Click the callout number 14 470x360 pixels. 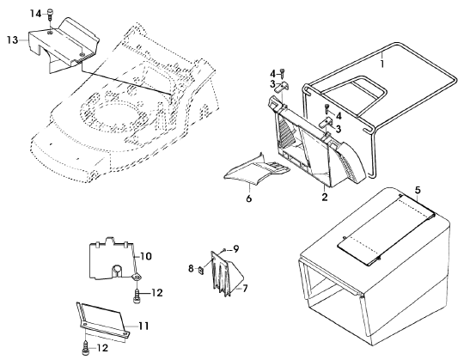[x=35, y=14]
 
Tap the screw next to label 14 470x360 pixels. [x=50, y=15]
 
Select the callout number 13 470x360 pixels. [x=13, y=40]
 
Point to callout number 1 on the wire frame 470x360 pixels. [x=382, y=64]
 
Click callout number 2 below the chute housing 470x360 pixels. [x=324, y=197]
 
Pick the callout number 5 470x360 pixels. [x=418, y=190]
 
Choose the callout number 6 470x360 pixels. [x=249, y=198]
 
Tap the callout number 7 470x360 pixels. [x=245, y=289]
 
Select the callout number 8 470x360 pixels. [x=191, y=269]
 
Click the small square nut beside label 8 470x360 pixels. [x=201, y=270]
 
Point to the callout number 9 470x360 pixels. [x=236, y=249]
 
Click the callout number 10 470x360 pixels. [x=146, y=256]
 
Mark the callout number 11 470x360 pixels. [x=143, y=326]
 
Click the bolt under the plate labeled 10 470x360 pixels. [x=137, y=296]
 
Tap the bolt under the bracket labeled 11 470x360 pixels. [x=85, y=348]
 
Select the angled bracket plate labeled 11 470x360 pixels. [x=103, y=321]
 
